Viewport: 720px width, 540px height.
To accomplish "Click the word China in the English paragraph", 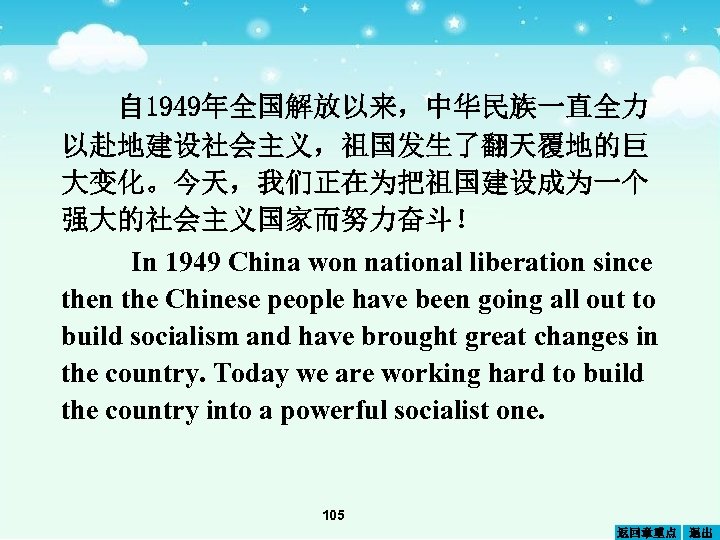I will tap(257, 263).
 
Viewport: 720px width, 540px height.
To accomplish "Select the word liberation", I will tap(523, 263).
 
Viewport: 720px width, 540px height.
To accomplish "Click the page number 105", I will tap(334, 515).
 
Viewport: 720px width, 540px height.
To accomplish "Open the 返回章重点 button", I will tap(645, 531).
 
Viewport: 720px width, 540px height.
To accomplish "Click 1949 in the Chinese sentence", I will tap(172, 105).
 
